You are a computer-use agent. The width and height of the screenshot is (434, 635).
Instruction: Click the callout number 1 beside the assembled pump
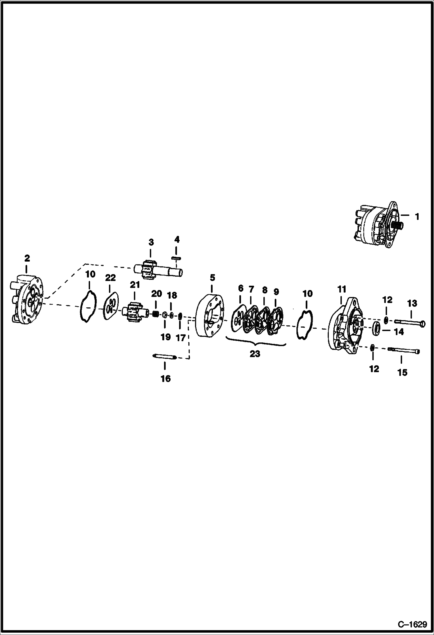[x=417, y=216]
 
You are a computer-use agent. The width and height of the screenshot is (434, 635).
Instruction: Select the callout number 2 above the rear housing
[x=27, y=258]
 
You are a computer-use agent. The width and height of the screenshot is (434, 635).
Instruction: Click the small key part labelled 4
[x=176, y=258]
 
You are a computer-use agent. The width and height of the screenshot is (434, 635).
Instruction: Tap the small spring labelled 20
[x=156, y=313]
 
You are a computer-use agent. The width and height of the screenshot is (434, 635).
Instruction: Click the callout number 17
[x=180, y=337]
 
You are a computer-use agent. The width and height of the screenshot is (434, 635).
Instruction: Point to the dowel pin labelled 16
[x=165, y=356]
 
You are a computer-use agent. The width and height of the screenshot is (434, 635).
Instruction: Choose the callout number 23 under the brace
[x=255, y=354]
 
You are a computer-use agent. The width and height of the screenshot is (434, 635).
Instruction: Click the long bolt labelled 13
[x=410, y=322]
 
